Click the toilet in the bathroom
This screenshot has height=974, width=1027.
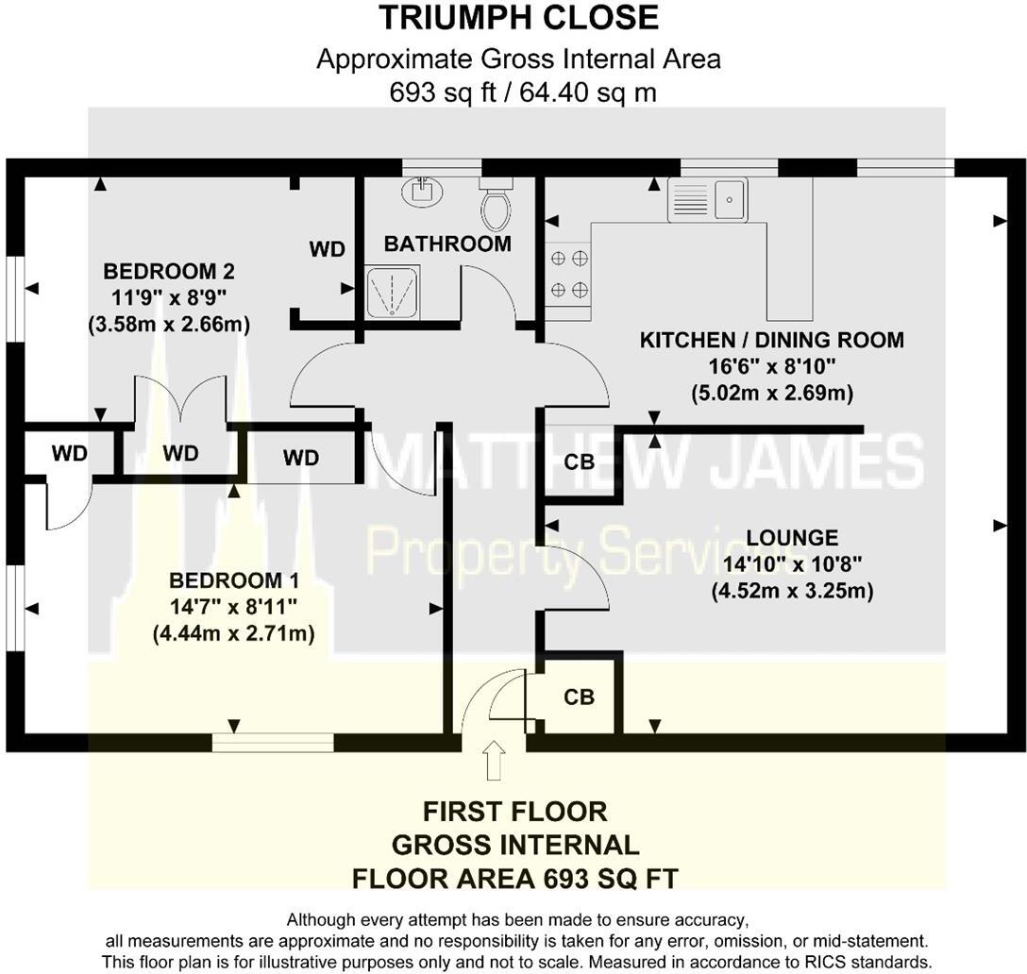click(496, 205)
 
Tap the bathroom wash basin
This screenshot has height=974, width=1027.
click(422, 192)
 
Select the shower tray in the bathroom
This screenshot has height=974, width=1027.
click(390, 292)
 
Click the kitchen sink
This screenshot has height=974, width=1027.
click(707, 199)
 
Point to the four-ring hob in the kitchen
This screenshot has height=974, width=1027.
click(568, 274)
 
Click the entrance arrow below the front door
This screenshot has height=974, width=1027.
click(493, 760)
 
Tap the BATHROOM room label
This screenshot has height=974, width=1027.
click(447, 243)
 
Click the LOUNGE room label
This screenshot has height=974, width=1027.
click(778, 538)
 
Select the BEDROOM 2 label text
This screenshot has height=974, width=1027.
click(169, 272)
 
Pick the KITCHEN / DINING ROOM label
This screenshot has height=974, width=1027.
click(772, 340)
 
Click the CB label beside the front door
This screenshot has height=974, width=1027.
click(579, 697)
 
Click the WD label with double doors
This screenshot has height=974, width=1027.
click(180, 453)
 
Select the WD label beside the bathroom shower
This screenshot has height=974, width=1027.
click(327, 249)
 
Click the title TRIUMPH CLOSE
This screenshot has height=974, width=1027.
click(518, 18)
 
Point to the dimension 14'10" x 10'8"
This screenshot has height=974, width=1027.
click(793, 564)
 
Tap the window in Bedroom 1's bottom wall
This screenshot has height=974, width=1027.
click(273, 743)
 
